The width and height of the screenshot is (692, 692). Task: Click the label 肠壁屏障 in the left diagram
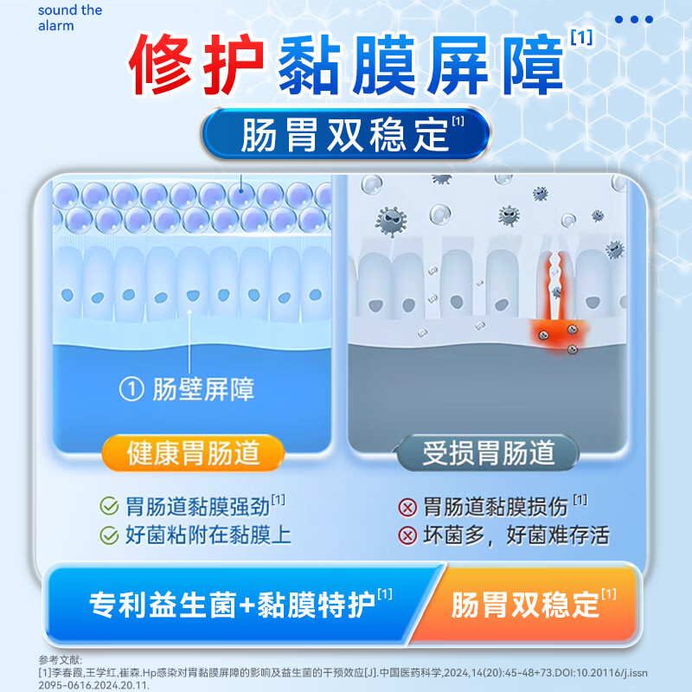pyautogui.click(x=203, y=390)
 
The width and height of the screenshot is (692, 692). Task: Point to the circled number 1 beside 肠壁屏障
pyautogui.click(x=131, y=390)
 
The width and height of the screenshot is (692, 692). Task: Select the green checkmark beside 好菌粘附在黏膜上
pyautogui.click(x=109, y=535)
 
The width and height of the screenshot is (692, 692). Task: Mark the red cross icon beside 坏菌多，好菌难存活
pyautogui.click(x=407, y=535)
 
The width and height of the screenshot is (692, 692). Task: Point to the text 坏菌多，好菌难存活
pyautogui.click(x=516, y=535)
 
